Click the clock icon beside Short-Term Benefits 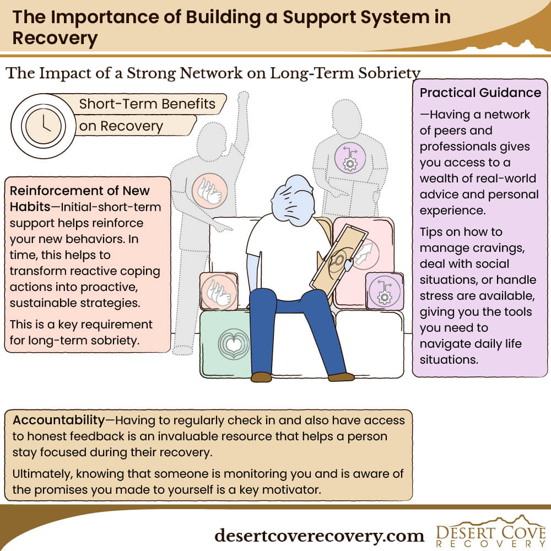pos(43,126)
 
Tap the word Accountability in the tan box pos(59,420)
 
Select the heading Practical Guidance pos(480,93)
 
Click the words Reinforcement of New pos(79,191)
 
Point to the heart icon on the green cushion pos(233,344)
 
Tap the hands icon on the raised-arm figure pos(209,191)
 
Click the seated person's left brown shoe pos(261,377)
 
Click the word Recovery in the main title pos(55,38)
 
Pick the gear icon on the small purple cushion pos(385,291)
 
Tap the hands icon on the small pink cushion pos(219,292)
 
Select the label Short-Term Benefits pos(147,104)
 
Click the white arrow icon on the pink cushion pos(364,253)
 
